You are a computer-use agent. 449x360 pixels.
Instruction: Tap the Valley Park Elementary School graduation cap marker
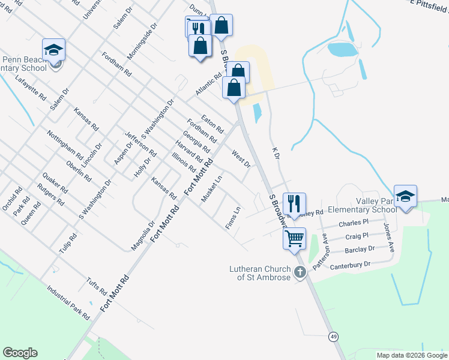(405, 196)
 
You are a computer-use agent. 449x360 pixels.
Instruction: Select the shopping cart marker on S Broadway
(294, 238)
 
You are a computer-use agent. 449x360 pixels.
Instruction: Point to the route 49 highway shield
(333, 336)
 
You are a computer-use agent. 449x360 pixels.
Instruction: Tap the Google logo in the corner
(20, 353)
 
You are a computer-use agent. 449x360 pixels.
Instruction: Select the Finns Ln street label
(232, 217)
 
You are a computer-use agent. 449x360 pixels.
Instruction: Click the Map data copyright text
(411, 355)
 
